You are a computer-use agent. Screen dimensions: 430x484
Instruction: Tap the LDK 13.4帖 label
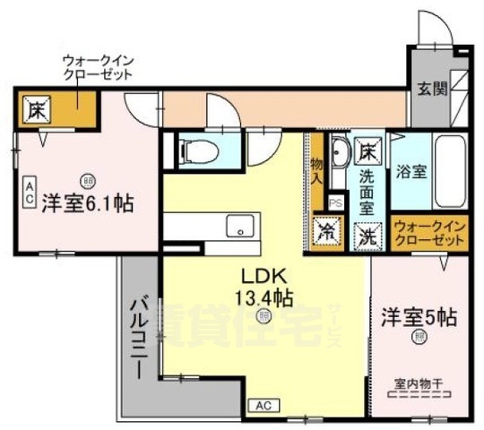(263, 285)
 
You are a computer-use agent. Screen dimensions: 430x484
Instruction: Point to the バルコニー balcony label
(137, 340)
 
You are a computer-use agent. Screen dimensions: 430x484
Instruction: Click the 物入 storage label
(316, 167)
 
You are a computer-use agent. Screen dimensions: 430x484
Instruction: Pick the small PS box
(335, 203)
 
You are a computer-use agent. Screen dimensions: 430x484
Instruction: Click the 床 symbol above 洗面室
(367, 150)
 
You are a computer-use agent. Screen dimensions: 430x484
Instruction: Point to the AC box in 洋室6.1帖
(28, 189)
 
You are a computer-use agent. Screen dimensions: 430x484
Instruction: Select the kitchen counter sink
(238, 224)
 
